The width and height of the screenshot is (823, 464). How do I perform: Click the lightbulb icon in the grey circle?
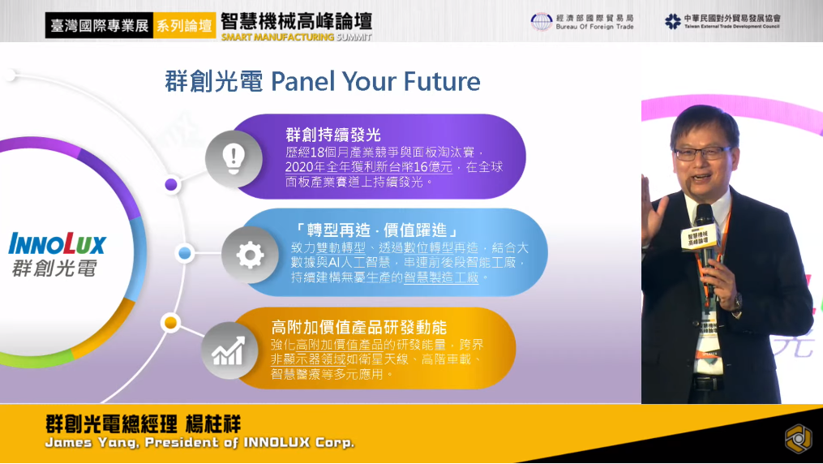234,158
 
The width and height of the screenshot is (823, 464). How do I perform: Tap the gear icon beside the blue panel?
250,255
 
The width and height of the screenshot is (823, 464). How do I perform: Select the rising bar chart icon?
229,350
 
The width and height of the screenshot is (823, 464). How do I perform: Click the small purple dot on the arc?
171,184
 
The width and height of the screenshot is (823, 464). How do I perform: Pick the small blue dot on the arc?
184,254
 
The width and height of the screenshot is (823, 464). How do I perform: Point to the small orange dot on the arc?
170,322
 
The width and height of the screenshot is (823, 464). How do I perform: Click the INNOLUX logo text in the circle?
58,244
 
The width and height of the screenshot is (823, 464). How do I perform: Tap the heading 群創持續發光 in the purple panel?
333,135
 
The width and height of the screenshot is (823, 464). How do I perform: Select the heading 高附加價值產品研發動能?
359,328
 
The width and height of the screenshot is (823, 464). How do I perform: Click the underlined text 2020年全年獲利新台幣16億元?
368,167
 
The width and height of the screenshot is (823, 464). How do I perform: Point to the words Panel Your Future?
375,81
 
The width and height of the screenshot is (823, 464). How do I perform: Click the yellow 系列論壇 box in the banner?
185,25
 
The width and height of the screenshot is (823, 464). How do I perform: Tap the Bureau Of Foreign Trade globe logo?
541,22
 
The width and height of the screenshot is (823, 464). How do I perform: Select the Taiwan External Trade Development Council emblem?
672,22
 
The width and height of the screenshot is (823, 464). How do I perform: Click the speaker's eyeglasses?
701,153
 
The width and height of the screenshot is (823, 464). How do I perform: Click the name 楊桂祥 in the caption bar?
213,423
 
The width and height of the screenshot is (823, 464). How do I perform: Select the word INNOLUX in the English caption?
276,442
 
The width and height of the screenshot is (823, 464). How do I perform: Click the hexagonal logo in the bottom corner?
799,438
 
